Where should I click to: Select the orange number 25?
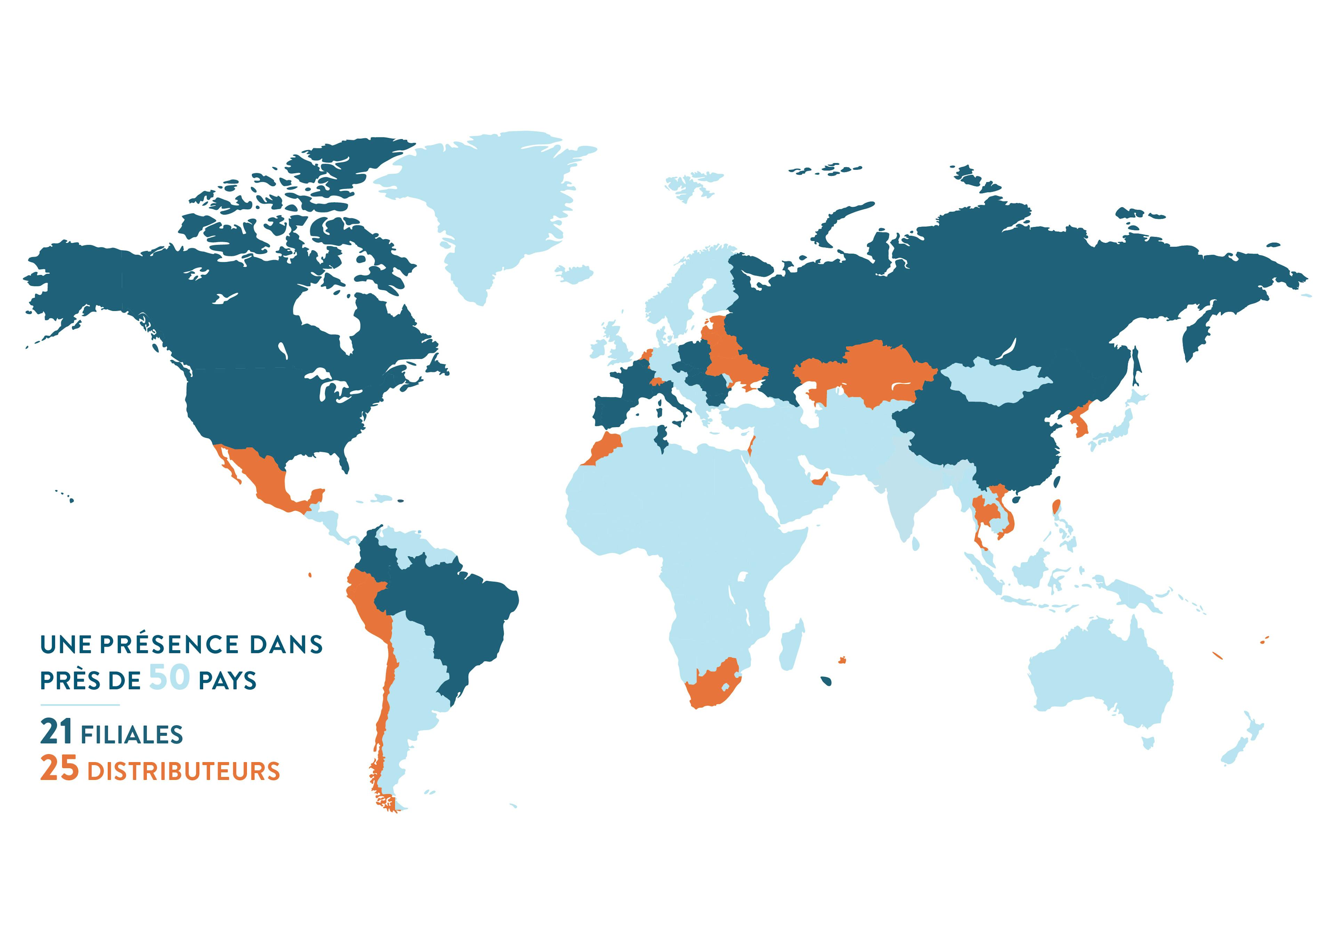pos(59,768)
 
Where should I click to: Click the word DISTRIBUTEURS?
pos(184,771)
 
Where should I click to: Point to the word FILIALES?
pos(132,735)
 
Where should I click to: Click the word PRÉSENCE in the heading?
pos(169,644)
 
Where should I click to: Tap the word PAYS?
pos(227,680)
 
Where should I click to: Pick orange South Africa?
pos(712,686)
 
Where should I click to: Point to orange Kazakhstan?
pos(872,372)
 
